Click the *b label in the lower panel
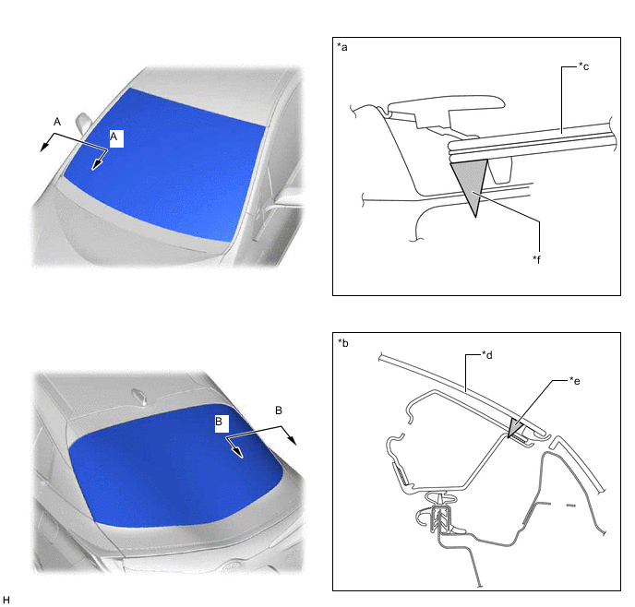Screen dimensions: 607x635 coord(342,343)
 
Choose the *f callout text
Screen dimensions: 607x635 coord(537,259)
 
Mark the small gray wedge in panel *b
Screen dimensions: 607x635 coord(514,427)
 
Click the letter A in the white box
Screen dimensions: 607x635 coord(114,136)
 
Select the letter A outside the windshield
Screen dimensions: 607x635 coord(57,122)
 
